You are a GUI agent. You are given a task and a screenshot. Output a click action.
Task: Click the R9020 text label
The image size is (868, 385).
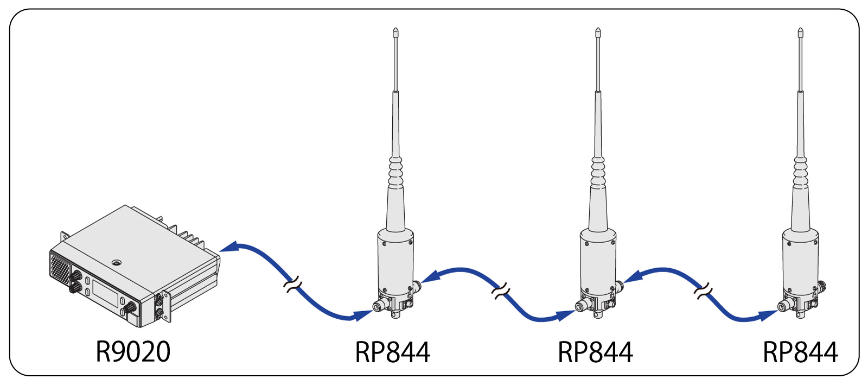pyautogui.click(x=133, y=352)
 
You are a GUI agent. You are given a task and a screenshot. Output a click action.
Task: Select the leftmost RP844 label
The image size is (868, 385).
pyautogui.click(x=392, y=352)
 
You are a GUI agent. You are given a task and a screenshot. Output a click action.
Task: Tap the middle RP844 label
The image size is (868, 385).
pyautogui.click(x=595, y=352)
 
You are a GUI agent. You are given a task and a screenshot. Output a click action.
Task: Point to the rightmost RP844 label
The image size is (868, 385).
pyautogui.click(x=800, y=352)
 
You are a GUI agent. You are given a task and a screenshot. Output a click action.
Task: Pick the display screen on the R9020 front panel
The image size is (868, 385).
pyautogui.click(x=105, y=292)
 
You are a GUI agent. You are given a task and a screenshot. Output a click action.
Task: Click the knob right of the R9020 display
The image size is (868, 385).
pyautogui.click(x=130, y=308)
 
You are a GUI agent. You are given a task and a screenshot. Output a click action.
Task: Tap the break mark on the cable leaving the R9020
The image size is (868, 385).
pyautogui.click(x=292, y=285)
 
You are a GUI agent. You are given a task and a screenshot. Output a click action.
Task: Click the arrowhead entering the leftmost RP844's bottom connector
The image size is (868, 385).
pyautogui.click(x=363, y=315)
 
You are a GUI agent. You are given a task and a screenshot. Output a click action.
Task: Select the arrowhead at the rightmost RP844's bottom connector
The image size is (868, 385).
pyautogui.click(x=768, y=315)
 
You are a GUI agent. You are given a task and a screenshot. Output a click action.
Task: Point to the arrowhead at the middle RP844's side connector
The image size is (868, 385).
pyautogui.click(x=633, y=276)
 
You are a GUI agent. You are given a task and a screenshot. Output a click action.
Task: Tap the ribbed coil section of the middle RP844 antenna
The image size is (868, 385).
pyautogui.click(x=598, y=173)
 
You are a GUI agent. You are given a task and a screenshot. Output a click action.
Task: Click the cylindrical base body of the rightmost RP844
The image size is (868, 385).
pyautogui.click(x=800, y=260)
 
